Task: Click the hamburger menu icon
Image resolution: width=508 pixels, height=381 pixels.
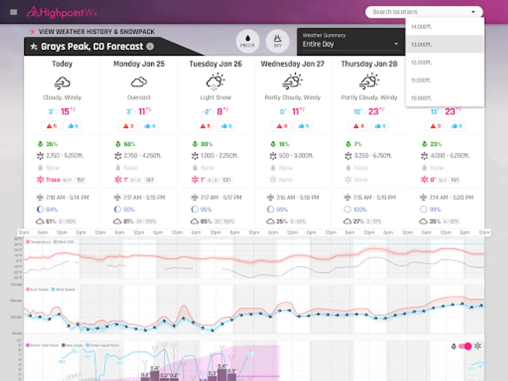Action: click(x=14, y=12)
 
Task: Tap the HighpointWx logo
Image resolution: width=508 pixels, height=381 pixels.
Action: click(x=62, y=12)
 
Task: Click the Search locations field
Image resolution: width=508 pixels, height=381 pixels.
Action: click(x=419, y=12)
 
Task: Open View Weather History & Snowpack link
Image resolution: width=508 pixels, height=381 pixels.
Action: click(x=97, y=32)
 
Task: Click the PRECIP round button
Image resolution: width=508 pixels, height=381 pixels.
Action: click(x=248, y=41)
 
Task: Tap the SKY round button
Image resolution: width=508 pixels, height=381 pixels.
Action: click(x=277, y=41)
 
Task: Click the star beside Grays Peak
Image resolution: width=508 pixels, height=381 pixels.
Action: click(x=34, y=47)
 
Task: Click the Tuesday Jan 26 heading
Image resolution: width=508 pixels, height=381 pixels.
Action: click(x=215, y=64)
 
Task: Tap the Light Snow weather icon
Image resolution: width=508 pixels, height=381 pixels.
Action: click(x=215, y=81)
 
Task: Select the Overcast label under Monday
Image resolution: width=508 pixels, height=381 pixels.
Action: click(x=139, y=98)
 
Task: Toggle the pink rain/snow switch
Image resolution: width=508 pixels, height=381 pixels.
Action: click(x=465, y=346)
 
